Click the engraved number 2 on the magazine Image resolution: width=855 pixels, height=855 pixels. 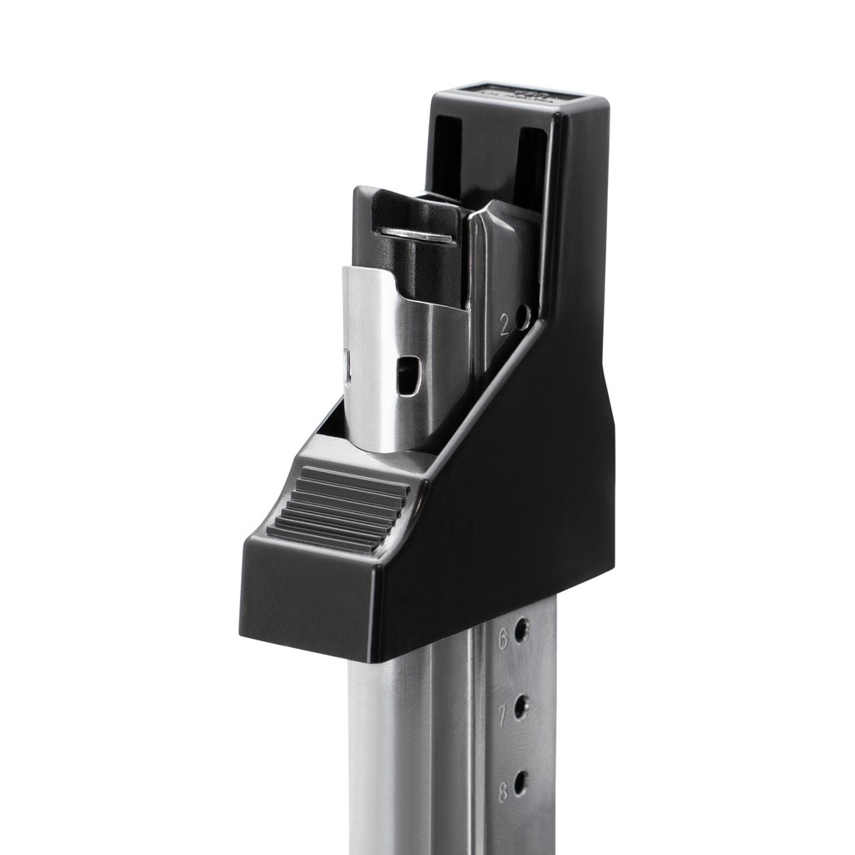click(x=504, y=324)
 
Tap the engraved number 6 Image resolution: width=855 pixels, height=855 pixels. click(x=503, y=636)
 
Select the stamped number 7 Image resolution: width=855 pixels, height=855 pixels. click(x=503, y=711)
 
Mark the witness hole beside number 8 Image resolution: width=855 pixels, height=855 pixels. click(x=520, y=781)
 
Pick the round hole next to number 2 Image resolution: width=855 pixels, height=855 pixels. click(x=522, y=317)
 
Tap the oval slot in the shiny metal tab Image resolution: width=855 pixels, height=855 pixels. click(x=410, y=376)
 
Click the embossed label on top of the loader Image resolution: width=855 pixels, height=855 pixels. click(x=513, y=93)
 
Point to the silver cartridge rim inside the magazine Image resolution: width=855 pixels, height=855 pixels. click(x=416, y=233)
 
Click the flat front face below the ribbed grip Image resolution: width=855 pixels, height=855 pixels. click(x=308, y=598)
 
